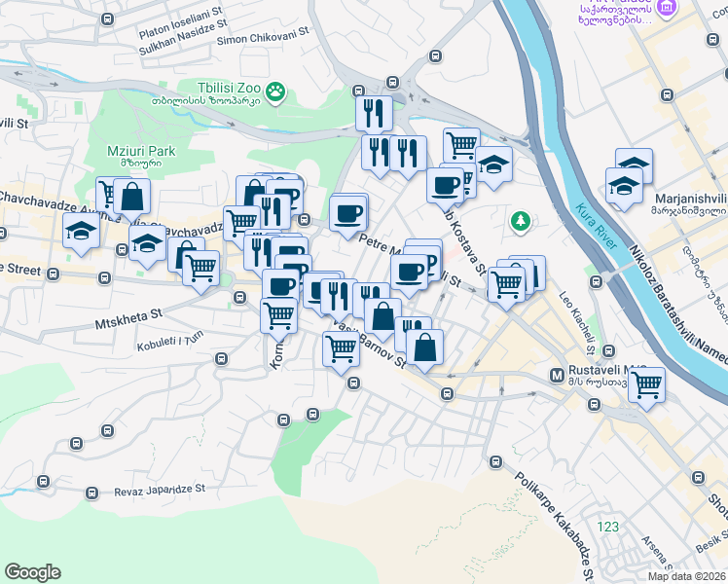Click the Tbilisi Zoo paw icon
tap(277, 91)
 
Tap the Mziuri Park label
tap(141, 152)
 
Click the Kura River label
tap(595, 226)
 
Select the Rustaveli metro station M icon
tap(558, 375)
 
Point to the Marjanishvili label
tap(691, 193)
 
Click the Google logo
tap(32, 572)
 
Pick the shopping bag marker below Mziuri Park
tap(131, 197)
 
